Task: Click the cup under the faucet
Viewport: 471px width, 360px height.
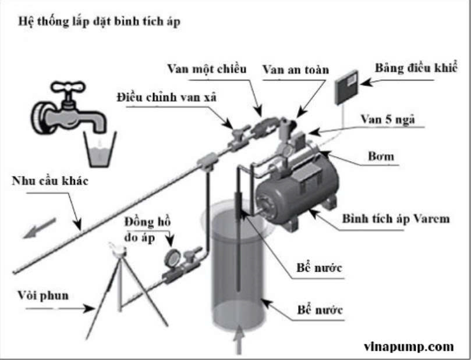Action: click(x=98, y=148)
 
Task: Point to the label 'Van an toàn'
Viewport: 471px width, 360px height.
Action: click(x=295, y=69)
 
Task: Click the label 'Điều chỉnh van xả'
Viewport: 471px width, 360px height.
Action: click(x=167, y=97)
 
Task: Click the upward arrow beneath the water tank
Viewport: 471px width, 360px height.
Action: click(x=239, y=343)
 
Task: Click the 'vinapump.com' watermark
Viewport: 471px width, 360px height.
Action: click(x=408, y=347)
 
